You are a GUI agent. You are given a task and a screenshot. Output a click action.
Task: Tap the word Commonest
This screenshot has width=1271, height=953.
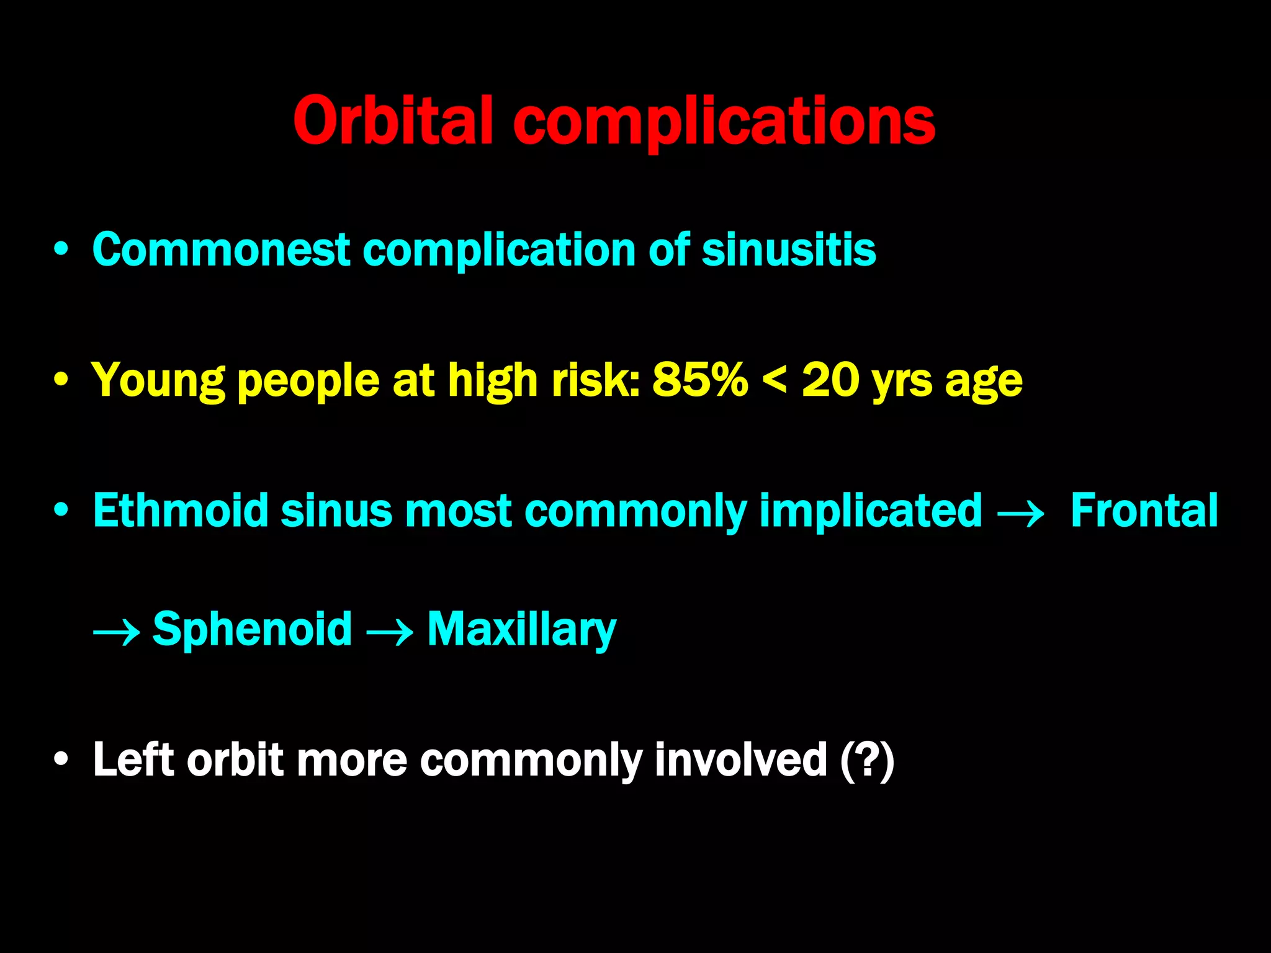[x=221, y=249]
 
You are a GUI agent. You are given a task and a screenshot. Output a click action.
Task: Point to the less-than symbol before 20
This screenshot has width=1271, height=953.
[x=774, y=380]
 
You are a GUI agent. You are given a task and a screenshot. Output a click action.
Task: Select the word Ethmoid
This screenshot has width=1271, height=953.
[x=180, y=511]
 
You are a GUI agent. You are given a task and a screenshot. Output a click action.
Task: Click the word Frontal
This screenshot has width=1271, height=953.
[x=1144, y=511]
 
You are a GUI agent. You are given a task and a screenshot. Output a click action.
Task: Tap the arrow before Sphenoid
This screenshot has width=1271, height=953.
[x=116, y=633]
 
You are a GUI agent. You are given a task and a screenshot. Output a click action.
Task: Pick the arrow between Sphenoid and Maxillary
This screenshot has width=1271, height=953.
[x=390, y=633]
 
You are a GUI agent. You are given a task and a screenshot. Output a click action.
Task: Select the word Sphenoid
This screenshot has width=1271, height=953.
[x=252, y=629]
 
